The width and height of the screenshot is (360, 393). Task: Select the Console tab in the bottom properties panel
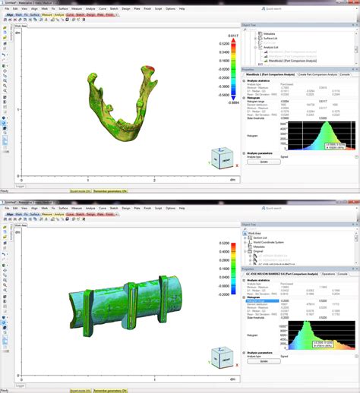(x=342, y=271)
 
